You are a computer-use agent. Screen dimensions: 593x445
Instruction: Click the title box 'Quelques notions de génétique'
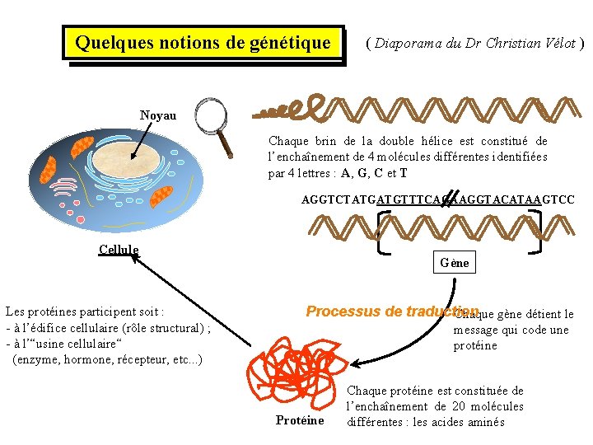[203, 42]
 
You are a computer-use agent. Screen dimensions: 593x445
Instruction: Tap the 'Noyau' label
[157, 115]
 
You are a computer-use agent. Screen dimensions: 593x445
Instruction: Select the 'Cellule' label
[118, 250]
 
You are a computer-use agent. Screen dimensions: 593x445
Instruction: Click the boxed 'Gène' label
[455, 263]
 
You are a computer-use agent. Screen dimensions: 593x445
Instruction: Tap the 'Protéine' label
[299, 421]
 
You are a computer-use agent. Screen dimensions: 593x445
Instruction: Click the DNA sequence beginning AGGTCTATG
[437, 199]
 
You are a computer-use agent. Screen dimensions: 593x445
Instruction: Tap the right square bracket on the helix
[539, 232]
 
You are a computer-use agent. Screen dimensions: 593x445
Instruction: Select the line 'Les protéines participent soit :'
[85, 312]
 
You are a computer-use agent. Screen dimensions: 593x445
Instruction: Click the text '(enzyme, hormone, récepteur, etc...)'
[107, 359]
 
